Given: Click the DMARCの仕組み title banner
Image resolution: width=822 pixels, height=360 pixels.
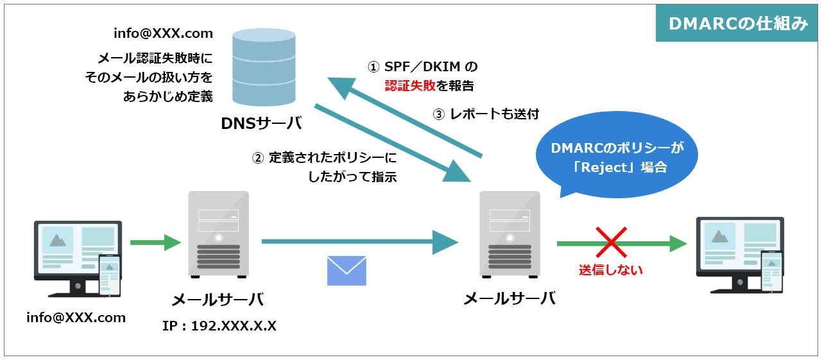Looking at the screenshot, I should pos(737,24).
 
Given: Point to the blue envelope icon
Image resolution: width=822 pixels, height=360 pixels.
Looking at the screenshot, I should pos(347,270).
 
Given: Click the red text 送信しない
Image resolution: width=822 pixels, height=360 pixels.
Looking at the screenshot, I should pos(610,270).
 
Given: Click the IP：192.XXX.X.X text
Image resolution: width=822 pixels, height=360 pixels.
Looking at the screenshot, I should pos(219,326).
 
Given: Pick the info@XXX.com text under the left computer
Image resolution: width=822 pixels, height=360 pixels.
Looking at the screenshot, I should pos(76,318).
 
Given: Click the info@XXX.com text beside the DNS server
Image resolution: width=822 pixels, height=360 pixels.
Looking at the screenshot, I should pos(163,33).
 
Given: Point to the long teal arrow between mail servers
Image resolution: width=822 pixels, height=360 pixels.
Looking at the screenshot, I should pos(359,242).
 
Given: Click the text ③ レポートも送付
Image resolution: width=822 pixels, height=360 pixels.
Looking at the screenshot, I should pos(486,114).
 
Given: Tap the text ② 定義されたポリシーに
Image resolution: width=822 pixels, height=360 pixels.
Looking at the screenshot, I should pos(323,158).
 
